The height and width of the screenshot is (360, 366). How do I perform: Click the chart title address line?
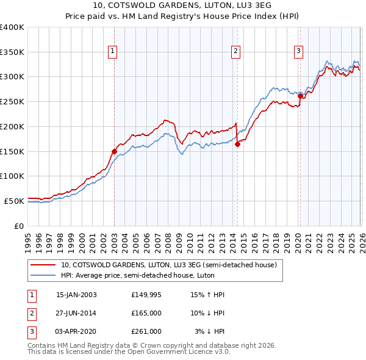coord(182,5)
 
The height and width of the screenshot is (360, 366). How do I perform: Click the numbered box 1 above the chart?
coord(113,52)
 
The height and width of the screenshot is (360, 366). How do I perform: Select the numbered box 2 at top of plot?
coord(235,52)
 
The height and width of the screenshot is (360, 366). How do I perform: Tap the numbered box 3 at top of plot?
coord(298,52)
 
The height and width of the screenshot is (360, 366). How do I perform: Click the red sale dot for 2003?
coord(114,151)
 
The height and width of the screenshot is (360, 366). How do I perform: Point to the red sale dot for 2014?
coord(237,144)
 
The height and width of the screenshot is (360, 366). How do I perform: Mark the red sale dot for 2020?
coord(300,96)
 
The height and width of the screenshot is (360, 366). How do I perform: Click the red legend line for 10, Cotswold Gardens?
coord(43,265)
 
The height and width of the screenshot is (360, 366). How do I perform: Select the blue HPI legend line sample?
coord(43,275)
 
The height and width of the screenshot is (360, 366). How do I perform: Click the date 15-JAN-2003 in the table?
coord(76,295)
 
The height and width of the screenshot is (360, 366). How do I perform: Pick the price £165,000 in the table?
coord(146,313)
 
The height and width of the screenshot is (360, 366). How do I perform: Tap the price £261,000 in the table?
coord(146,331)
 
